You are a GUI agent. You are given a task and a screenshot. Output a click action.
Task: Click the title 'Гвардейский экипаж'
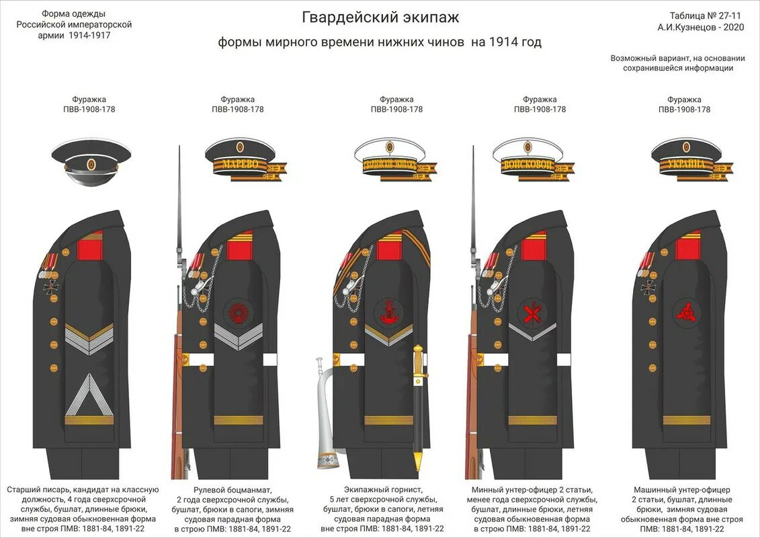tap(380, 17)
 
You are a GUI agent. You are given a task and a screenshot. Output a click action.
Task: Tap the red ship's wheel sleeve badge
tap(236, 312)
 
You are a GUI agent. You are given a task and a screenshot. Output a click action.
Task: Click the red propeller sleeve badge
tap(687, 313)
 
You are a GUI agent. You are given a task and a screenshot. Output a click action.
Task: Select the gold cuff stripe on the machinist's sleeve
tap(686, 420)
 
